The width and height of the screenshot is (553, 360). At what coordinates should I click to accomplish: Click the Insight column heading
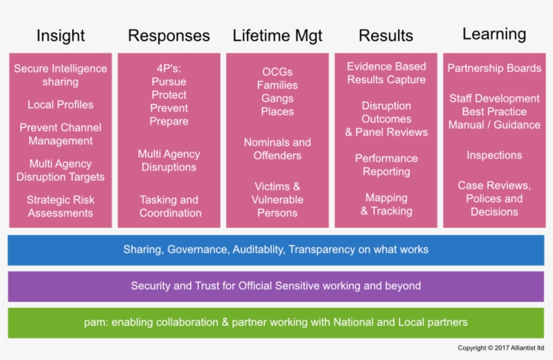point(61,36)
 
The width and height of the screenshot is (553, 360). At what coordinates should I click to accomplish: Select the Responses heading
point(169,36)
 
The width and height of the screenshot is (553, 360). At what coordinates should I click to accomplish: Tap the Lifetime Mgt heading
point(277,36)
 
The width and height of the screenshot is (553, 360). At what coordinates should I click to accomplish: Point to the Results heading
point(386,36)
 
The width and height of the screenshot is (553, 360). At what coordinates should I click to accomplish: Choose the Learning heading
point(494,34)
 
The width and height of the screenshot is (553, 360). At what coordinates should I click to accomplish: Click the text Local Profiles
point(61,104)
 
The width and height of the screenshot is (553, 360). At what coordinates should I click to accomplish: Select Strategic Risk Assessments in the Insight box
point(61,206)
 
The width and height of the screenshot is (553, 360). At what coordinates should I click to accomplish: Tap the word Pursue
point(169,82)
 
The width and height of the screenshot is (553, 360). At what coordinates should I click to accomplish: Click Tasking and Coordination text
point(170,206)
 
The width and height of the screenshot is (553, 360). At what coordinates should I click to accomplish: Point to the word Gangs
point(277,98)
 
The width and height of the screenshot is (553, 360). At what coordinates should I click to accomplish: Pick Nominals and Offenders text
point(277,149)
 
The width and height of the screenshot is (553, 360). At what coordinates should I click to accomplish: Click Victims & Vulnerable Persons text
point(277,200)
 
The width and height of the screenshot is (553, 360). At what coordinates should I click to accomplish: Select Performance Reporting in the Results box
point(386,165)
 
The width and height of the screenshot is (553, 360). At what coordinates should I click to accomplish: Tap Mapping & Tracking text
point(386,204)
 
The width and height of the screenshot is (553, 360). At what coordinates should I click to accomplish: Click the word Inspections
point(494,155)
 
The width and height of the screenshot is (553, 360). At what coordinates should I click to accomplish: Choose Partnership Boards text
point(494,68)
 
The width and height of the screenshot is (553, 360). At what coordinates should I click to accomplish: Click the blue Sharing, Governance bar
point(276,249)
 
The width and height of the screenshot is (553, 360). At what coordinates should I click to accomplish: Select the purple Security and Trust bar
point(276,286)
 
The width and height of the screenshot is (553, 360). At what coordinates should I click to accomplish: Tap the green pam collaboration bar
point(276,322)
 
